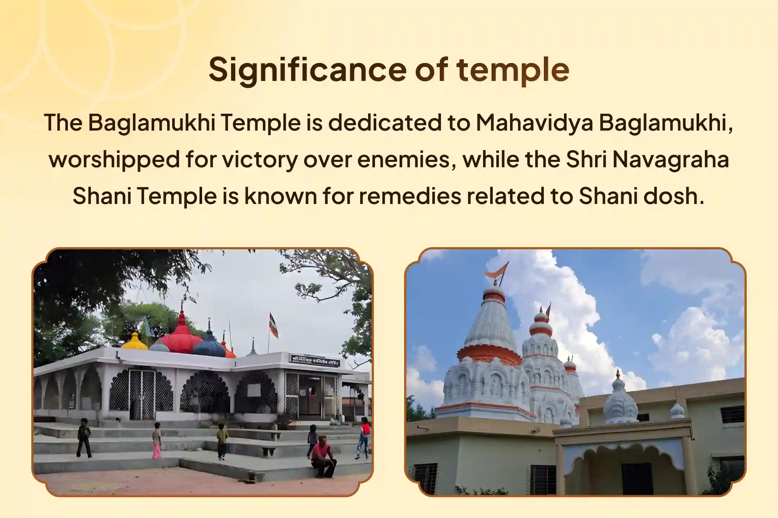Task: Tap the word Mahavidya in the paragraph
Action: click(x=535, y=123)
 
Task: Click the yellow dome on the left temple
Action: click(x=134, y=341)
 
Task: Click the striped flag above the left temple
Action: click(x=274, y=325)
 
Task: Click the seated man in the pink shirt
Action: click(x=323, y=457)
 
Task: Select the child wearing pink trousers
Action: click(x=157, y=440)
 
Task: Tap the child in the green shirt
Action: click(x=222, y=441)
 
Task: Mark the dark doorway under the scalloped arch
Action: click(x=637, y=478)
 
